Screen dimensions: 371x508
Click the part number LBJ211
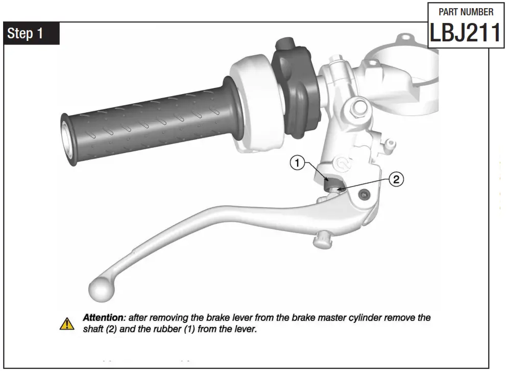(465, 33)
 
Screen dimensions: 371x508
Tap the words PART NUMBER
(466, 12)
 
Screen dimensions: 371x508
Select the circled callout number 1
(297, 164)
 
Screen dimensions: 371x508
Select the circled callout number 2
(396, 179)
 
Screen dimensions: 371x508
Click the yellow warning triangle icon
(67, 323)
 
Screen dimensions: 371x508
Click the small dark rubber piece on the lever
(329, 182)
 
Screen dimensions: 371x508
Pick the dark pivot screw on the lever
(363, 195)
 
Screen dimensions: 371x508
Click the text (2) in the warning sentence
(112, 330)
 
